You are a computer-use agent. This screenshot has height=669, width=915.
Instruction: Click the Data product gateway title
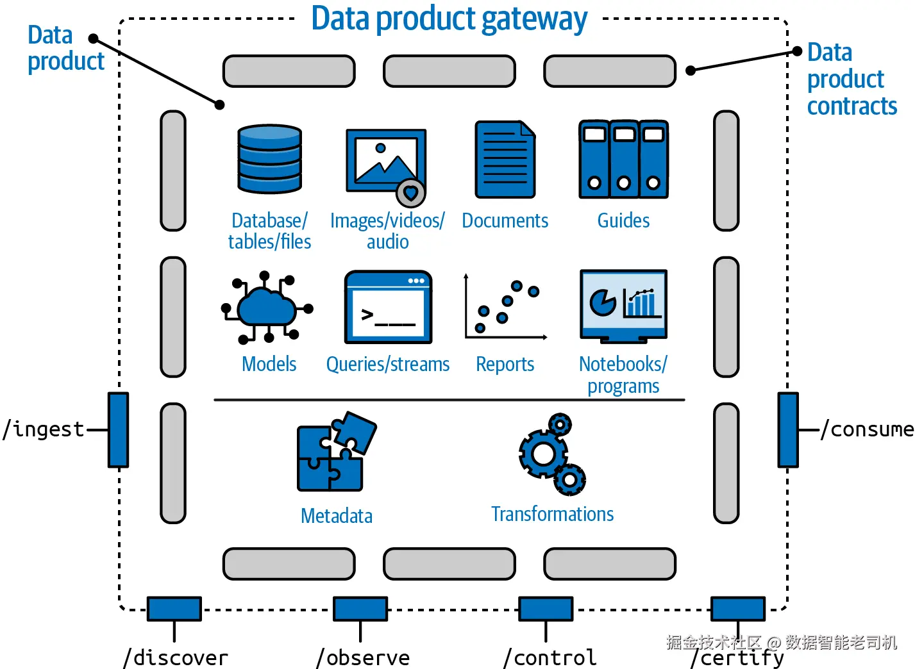click(x=449, y=19)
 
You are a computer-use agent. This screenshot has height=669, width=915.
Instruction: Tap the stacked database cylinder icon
click(x=269, y=159)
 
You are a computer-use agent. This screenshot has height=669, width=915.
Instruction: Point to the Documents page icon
click(x=505, y=159)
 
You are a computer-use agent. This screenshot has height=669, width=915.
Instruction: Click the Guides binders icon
click(x=623, y=159)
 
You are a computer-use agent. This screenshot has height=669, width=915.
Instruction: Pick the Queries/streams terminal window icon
click(x=388, y=307)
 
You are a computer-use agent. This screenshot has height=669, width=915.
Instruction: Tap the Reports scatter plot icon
click(x=505, y=308)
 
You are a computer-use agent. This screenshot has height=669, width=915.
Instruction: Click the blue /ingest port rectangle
click(x=118, y=429)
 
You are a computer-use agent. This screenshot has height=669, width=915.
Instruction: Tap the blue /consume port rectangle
click(x=788, y=429)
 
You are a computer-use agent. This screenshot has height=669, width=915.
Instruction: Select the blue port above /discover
click(x=174, y=609)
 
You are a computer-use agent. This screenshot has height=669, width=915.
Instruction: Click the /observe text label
click(x=363, y=658)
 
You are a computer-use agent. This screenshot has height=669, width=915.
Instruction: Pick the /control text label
click(x=550, y=658)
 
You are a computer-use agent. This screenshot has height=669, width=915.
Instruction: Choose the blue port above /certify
click(x=737, y=609)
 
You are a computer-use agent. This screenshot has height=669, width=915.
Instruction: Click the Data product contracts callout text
click(x=852, y=79)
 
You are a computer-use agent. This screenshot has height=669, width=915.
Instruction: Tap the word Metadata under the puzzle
click(x=337, y=516)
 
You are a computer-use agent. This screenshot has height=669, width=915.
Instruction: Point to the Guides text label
click(x=623, y=221)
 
